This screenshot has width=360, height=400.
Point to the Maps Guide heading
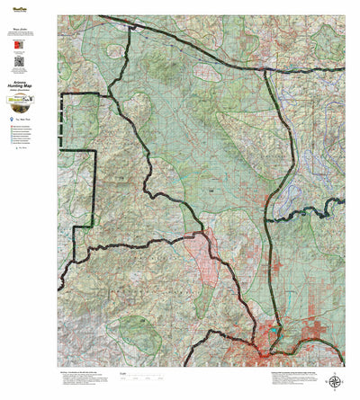pyautogui.click(x=20, y=28)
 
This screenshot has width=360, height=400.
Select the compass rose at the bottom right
pyautogui.click(x=335, y=381)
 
